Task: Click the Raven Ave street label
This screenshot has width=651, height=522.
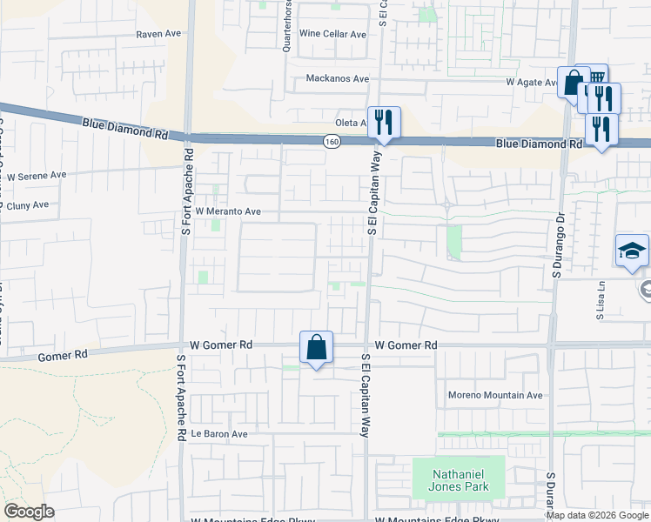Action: pyautogui.click(x=158, y=34)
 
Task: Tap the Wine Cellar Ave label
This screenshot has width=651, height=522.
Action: pyautogui.click(x=332, y=34)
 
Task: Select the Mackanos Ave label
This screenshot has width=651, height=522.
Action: pyautogui.click(x=337, y=78)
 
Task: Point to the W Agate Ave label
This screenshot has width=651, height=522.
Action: pyautogui.click(x=532, y=83)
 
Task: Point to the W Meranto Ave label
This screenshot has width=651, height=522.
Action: pyautogui.click(x=228, y=211)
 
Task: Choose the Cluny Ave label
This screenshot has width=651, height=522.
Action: pyautogui.click(x=27, y=206)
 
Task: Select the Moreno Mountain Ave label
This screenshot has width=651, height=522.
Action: pyautogui.click(x=495, y=395)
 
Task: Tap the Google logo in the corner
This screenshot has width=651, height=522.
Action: pyautogui.click(x=30, y=512)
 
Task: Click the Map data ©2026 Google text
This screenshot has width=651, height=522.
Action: pyautogui.click(x=597, y=515)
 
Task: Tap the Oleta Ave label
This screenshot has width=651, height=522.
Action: pyautogui.click(x=352, y=124)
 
